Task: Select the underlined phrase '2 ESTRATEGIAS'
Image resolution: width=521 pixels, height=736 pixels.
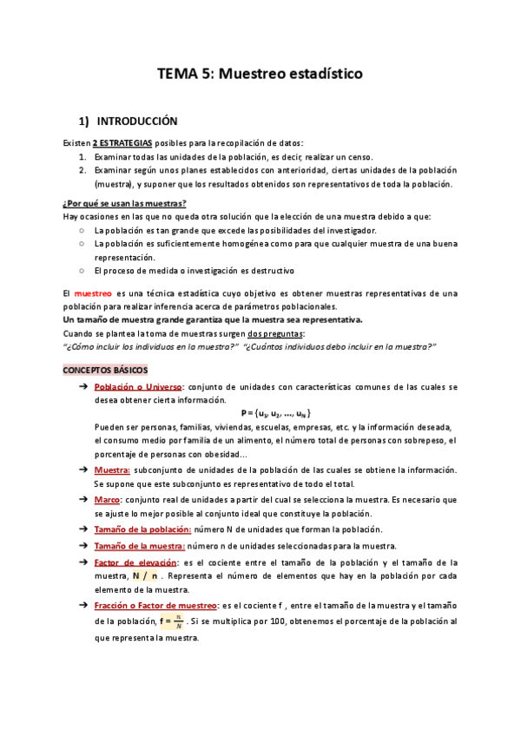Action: click(122, 142)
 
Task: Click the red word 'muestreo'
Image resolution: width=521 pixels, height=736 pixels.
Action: click(94, 293)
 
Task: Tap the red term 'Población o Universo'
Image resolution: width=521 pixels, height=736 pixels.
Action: click(138, 386)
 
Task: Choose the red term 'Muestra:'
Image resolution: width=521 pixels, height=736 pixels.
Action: click(112, 470)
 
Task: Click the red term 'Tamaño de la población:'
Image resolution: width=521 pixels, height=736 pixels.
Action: click(142, 529)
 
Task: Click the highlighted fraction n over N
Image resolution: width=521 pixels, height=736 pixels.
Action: click(177, 621)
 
